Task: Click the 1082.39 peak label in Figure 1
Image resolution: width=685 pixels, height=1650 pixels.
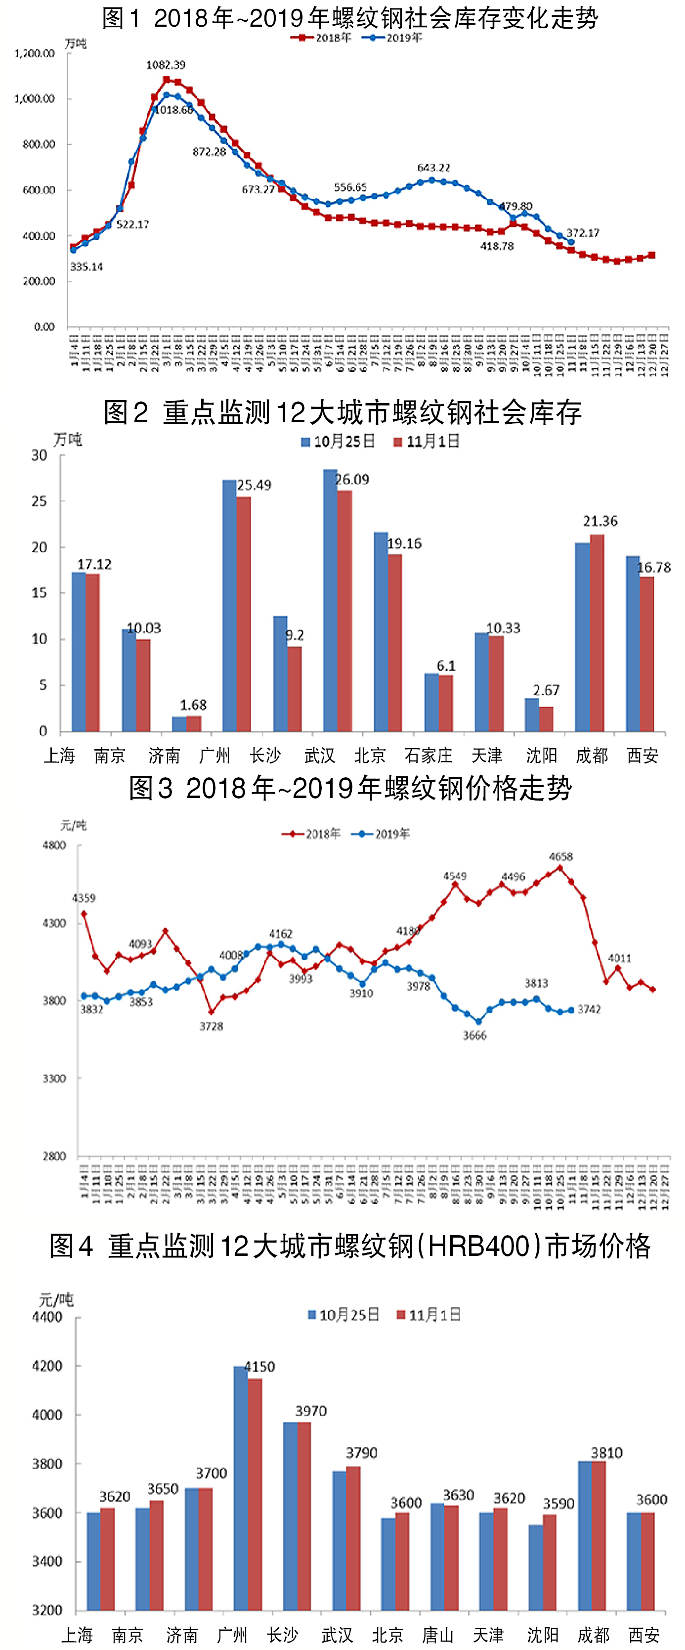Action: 166,65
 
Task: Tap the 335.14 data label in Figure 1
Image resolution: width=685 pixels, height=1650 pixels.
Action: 86,267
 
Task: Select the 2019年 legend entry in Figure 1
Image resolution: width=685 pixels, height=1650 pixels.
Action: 392,38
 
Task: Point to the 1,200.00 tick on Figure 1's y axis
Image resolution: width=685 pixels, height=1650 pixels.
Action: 35,53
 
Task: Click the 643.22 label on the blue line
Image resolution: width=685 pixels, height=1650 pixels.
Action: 433,168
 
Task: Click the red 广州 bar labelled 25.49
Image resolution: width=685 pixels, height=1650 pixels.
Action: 243,613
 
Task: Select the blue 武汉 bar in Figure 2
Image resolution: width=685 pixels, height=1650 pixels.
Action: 330,600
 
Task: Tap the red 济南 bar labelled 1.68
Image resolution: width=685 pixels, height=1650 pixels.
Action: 193,723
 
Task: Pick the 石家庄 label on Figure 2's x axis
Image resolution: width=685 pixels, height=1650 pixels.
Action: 428,756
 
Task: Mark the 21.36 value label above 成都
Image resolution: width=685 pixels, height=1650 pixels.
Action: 600,521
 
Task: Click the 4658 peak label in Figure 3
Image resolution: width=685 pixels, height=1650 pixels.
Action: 560,856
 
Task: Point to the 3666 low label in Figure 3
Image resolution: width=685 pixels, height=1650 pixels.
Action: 474,1035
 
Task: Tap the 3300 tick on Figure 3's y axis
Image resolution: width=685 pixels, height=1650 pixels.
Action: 54,1078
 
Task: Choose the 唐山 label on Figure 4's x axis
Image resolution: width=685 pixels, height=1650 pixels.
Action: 438,1635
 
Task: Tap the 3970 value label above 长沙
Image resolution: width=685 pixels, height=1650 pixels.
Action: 310,1411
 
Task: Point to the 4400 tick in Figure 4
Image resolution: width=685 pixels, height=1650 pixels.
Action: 47,1318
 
